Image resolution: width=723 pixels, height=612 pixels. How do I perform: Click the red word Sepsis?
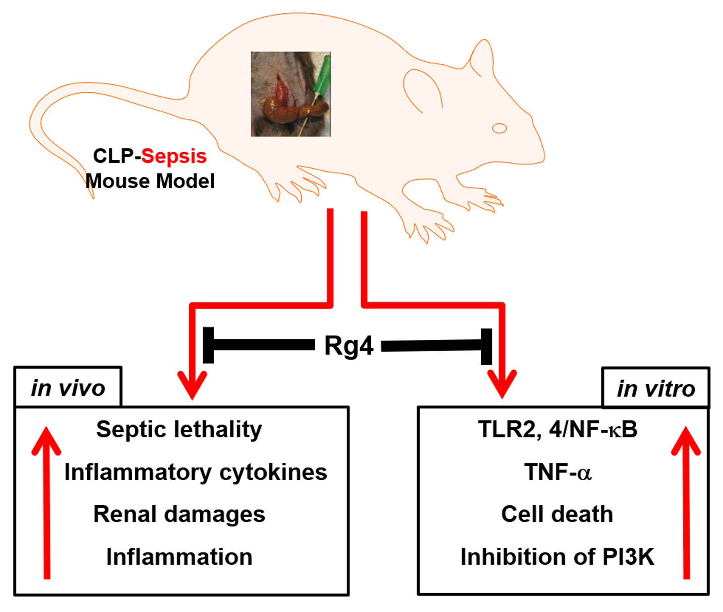point(174,156)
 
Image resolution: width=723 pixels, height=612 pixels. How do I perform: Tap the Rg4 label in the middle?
point(348,346)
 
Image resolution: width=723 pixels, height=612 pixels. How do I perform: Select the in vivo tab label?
point(68,388)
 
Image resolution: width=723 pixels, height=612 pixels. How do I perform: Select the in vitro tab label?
point(656,389)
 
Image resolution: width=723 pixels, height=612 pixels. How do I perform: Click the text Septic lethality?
point(179,429)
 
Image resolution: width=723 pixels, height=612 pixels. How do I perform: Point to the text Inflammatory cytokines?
point(196,472)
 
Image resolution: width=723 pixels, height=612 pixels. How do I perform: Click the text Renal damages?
point(179,514)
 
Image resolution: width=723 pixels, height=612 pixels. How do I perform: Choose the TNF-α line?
point(558,472)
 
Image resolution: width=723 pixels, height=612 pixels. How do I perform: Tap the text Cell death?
point(557,514)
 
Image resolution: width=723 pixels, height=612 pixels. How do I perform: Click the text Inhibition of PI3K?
point(557,557)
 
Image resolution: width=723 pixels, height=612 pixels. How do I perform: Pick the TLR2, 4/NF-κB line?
point(557,429)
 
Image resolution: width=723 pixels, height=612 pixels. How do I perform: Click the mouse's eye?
point(499,128)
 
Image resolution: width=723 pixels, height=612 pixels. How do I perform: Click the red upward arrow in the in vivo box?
point(47,502)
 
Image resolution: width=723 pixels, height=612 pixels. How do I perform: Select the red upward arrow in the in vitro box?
point(686,502)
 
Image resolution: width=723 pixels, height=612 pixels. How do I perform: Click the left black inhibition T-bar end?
point(208,345)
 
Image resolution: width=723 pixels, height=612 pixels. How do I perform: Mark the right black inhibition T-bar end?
point(486,347)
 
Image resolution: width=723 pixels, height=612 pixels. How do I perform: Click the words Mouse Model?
point(150,181)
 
